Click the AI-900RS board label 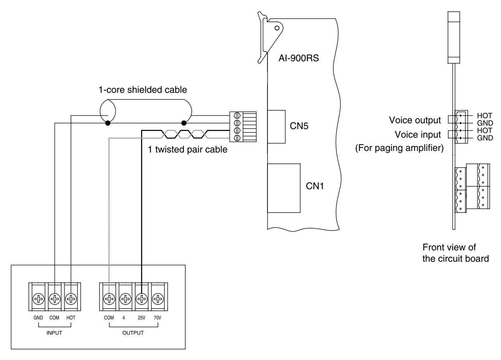299,58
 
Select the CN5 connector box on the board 276,127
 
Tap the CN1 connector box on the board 284,188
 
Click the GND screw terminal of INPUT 39,299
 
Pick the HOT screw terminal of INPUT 71,299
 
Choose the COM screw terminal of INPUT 55,299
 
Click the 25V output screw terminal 142,299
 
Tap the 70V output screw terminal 158,299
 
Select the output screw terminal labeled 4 126,299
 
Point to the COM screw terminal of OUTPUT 109,299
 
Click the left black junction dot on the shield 108,123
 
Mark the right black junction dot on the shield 184,123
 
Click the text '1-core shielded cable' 143,90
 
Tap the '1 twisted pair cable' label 188,149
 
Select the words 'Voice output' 415,120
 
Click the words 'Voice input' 418,135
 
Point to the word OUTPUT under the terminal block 133,333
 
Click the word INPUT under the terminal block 54,333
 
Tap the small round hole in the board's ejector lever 277,28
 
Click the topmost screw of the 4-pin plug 237,116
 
